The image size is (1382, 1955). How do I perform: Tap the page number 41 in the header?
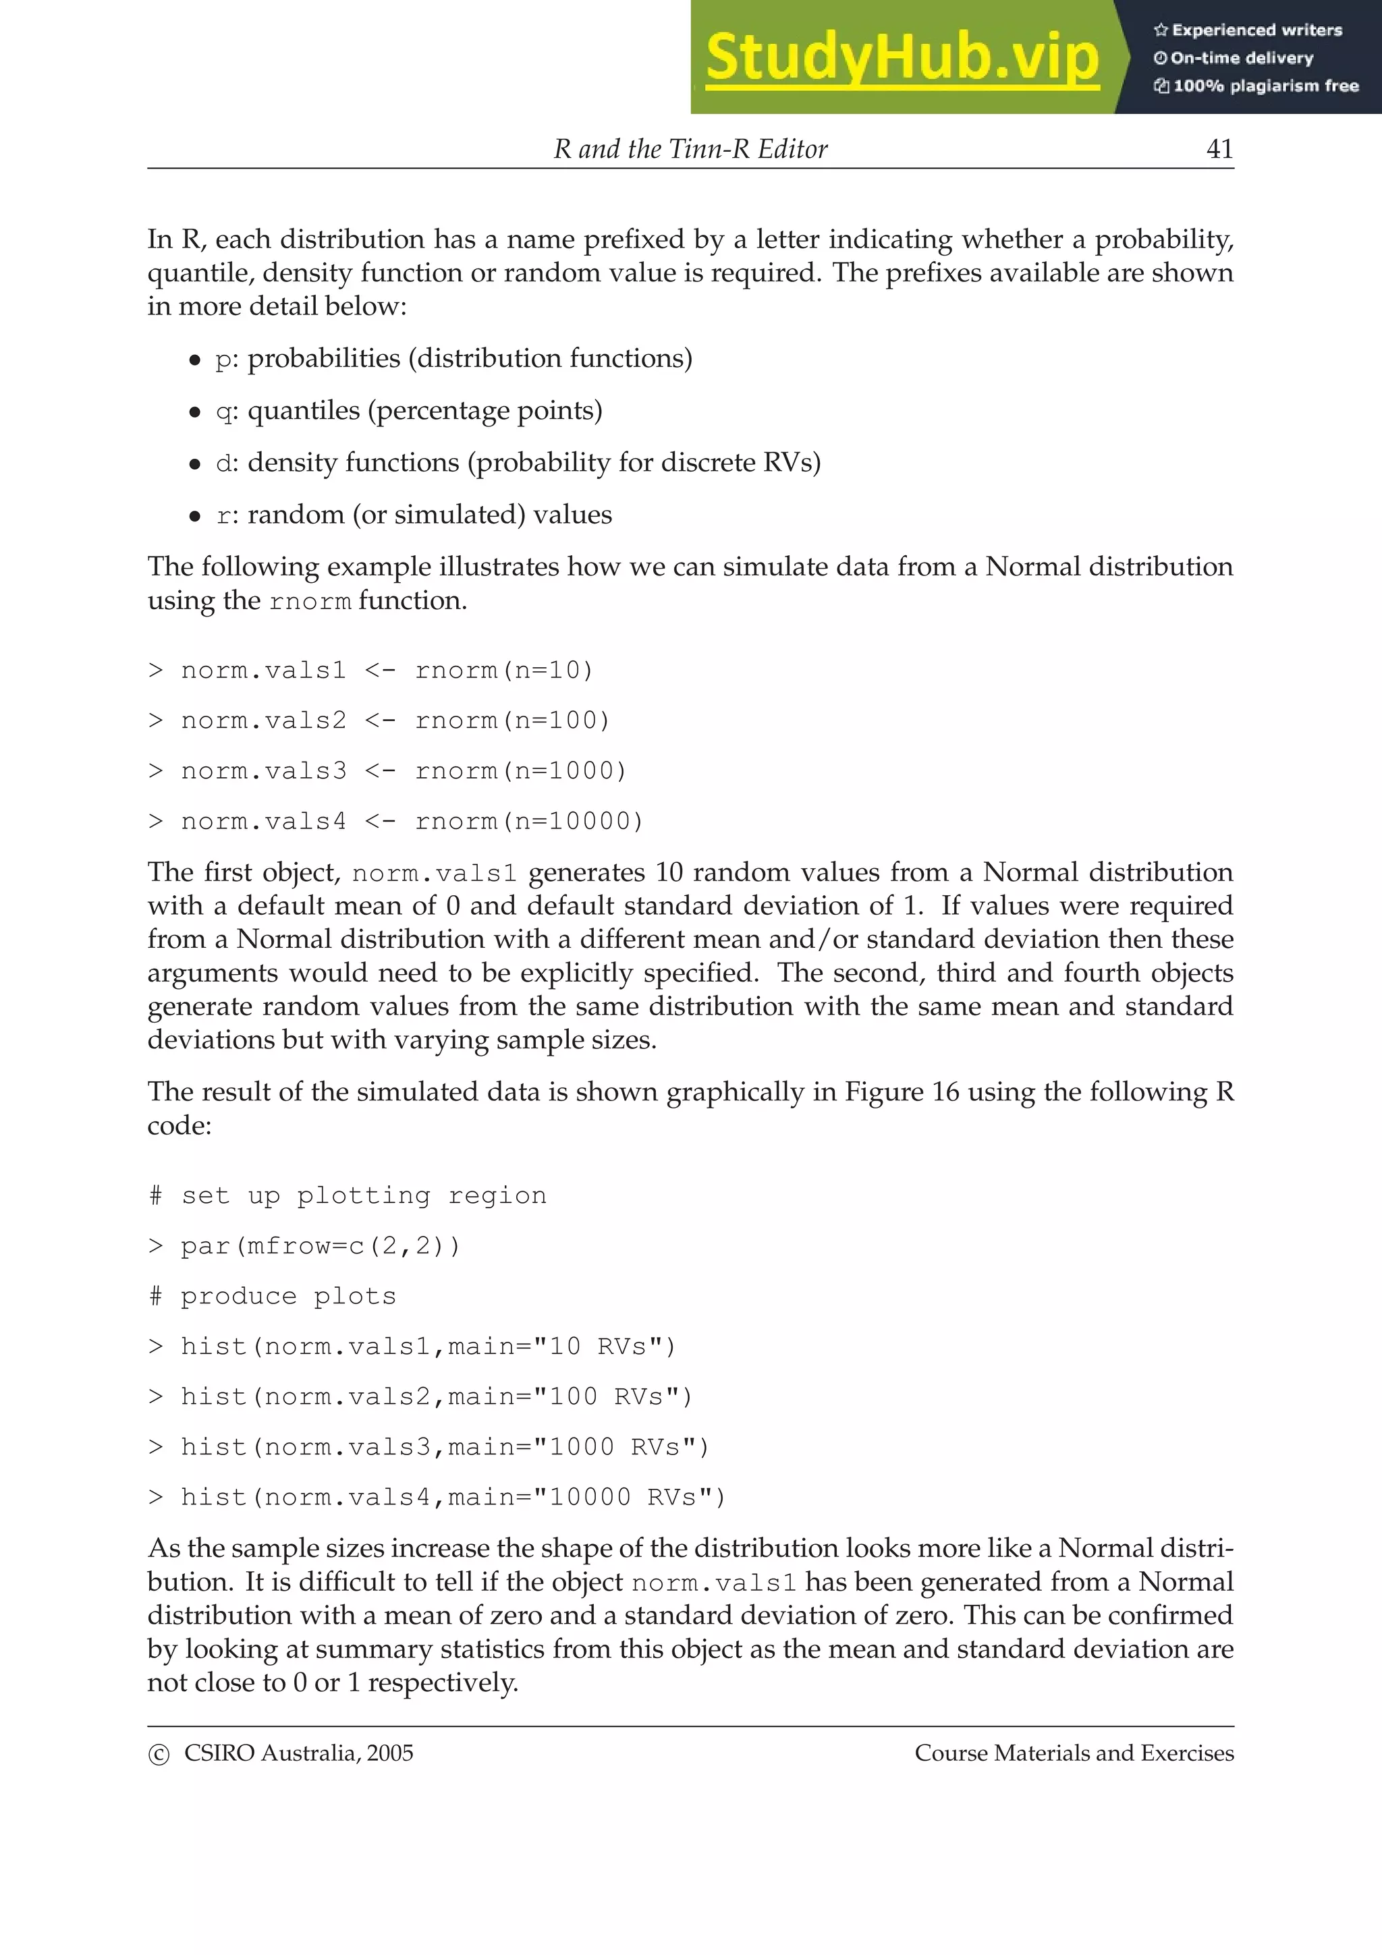(1219, 149)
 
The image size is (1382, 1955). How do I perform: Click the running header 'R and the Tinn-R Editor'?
(690, 149)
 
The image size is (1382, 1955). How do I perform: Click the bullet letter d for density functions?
(223, 463)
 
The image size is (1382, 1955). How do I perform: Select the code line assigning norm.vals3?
(387, 772)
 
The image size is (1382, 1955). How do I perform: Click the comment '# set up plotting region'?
(348, 1196)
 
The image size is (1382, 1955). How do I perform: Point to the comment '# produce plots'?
(273, 1297)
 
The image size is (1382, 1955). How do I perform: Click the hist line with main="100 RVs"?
(420, 1397)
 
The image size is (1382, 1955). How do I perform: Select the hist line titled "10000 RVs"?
(437, 1498)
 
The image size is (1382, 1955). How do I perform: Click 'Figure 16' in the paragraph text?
(901, 1092)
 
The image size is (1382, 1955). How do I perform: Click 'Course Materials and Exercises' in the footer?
(1074, 1753)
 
